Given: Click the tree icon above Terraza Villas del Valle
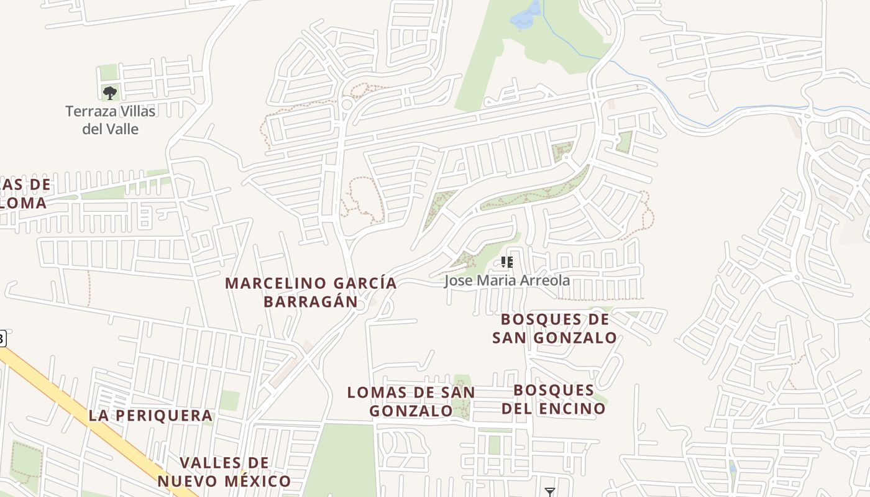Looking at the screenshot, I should (110, 93).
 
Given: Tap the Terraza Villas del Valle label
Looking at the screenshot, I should (111, 121).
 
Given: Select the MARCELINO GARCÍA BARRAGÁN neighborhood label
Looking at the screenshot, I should (311, 292).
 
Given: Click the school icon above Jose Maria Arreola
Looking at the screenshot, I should (506, 262).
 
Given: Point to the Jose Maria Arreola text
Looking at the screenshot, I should (506, 280).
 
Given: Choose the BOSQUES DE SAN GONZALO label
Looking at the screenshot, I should (554, 329).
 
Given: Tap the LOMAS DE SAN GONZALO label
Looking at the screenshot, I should (411, 401).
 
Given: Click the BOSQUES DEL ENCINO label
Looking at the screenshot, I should (553, 399).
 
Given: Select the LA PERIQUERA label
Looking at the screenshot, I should (150, 416).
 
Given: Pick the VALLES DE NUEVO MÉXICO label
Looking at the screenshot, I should (224, 472).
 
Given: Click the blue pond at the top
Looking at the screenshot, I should (525, 16).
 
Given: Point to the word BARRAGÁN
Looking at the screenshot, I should (311, 302).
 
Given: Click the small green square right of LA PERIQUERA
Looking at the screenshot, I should (229, 401).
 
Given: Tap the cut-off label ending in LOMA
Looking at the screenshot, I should (24, 203).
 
